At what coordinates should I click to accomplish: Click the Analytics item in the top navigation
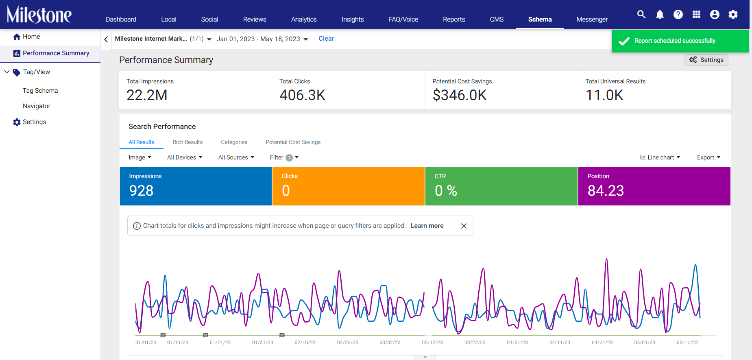pos(304,19)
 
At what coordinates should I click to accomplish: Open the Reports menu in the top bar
pos(454,19)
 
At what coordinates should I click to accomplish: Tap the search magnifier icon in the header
pos(641,15)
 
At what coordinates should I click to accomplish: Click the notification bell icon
pos(660,15)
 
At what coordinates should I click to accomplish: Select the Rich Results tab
pos(187,142)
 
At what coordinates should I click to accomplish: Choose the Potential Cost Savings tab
pos(293,142)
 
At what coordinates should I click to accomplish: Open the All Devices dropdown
pos(185,157)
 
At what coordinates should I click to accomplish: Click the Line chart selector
pos(660,157)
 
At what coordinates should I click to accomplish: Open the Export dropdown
pos(709,157)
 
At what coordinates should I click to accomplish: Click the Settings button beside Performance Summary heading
pos(706,60)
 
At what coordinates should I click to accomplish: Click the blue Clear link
pos(326,39)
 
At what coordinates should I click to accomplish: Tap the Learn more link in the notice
pos(427,226)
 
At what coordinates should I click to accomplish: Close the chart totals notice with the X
pos(464,226)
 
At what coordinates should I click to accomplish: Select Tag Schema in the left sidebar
pos(40,91)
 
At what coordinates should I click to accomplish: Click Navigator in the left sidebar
pos(37,106)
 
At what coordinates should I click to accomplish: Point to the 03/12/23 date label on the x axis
pos(432,343)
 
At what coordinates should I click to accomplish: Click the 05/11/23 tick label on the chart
pos(687,343)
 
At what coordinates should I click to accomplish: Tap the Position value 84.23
pos(606,191)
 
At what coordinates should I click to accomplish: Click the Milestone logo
pos(39,15)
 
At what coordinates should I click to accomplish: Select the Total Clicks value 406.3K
pos(302,95)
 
